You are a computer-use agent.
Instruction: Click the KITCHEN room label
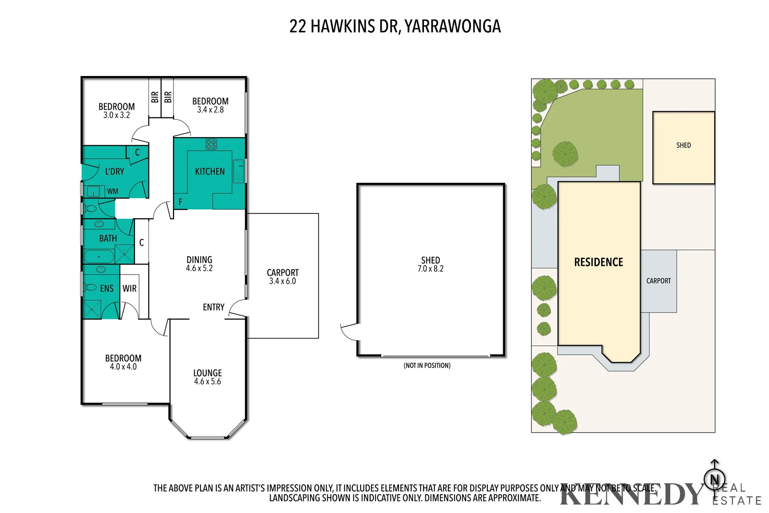[x=210, y=172]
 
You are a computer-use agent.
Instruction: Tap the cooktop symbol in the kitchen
[x=211, y=144]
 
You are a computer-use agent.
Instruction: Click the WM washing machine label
[x=112, y=191]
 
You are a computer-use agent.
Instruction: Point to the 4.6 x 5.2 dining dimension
[x=199, y=269]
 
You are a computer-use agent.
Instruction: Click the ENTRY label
[x=213, y=307]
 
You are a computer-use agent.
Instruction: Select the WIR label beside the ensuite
[x=129, y=288]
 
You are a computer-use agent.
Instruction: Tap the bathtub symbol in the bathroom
[x=99, y=256]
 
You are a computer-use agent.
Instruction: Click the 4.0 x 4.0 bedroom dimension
[x=123, y=367]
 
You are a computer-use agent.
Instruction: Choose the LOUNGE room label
[x=208, y=373]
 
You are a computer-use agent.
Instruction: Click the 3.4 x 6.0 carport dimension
[x=282, y=281]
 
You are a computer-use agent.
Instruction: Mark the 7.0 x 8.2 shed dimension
[x=430, y=269]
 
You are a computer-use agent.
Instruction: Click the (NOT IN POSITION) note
[x=427, y=366]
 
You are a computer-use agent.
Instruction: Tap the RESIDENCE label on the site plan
[x=598, y=262]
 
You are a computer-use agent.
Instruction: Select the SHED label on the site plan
[x=683, y=145]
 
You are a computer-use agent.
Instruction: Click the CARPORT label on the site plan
[x=658, y=281]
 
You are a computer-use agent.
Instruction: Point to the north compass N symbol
[x=714, y=479]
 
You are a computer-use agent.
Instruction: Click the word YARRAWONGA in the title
[x=452, y=26]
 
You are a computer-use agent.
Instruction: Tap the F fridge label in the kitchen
[x=180, y=202]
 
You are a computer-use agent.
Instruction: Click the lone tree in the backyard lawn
[x=565, y=154]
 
